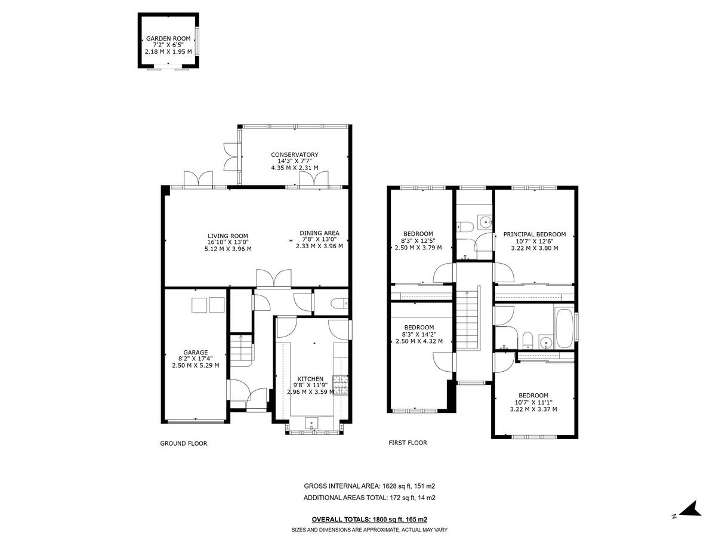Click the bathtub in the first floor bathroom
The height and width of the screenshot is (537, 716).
563,329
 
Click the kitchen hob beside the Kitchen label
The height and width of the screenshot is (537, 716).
340,385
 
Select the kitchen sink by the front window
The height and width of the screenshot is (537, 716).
313,423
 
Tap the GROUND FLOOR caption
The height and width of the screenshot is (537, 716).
183,443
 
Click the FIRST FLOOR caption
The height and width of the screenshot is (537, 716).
408,443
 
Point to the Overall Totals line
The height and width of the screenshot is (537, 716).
369,520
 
